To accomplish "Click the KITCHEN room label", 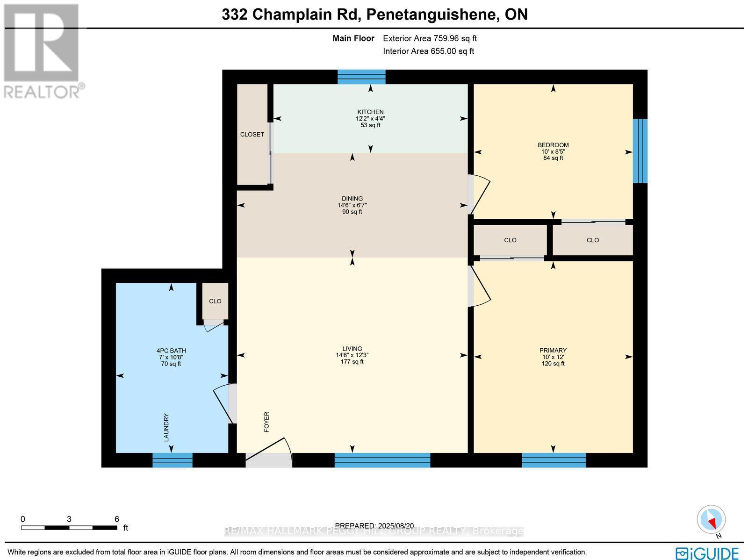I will pos(370,112).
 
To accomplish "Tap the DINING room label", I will pos(352,199).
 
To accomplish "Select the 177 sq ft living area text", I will pos(352,361).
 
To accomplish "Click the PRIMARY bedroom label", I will pos(553,351).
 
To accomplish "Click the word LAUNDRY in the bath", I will pos(166,427).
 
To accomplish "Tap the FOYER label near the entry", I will pos(267,421).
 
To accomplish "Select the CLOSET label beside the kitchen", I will pos(252,135).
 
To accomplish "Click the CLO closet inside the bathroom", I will pos(215,301).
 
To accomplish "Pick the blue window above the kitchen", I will pos(361,76).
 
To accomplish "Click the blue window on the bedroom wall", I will pos(640,151).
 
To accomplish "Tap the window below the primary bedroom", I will pos(554,460).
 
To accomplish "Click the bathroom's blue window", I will pos(173,460).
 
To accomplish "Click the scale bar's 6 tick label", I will pos(117,519).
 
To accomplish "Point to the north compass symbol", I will pos(712,521).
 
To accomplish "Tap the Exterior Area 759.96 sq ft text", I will pos(430,39).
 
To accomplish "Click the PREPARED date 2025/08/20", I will pos(375,526).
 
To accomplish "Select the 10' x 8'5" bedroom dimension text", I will pos(553,151).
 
